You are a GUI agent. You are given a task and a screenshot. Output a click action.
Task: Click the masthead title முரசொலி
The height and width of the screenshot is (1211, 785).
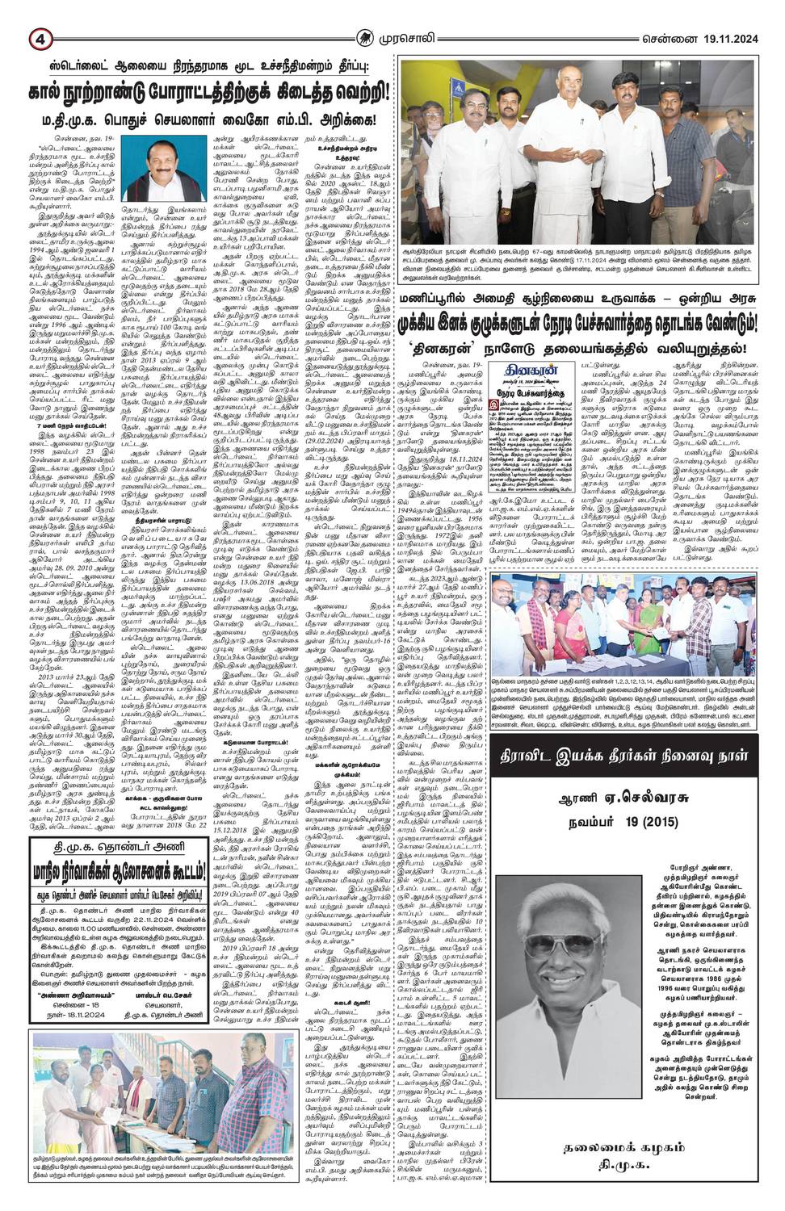coord(419,15)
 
